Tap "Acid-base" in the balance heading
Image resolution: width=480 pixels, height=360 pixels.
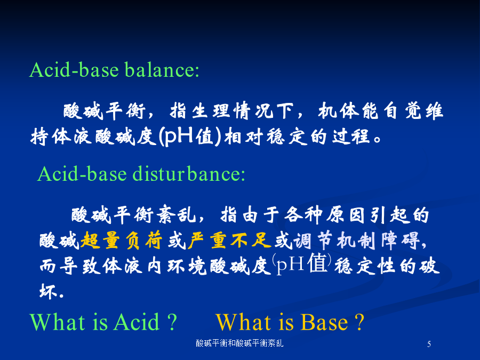[x=74, y=70]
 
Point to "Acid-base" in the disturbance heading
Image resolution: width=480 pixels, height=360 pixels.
[x=82, y=174]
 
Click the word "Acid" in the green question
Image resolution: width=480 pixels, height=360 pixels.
[x=137, y=322]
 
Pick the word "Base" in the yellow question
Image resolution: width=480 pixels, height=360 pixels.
[x=324, y=322]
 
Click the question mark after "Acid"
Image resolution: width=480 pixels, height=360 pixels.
[x=173, y=322]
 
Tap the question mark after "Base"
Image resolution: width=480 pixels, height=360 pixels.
[x=359, y=322]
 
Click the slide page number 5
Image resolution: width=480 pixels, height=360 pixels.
[x=429, y=344]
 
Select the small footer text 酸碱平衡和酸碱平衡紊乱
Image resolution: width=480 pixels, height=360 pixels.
[x=239, y=343]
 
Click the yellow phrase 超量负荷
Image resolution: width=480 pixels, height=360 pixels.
[x=121, y=241]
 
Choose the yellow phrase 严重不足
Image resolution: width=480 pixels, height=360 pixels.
[x=229, y=241]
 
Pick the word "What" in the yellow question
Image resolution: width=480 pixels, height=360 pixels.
[x=241, y=322]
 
